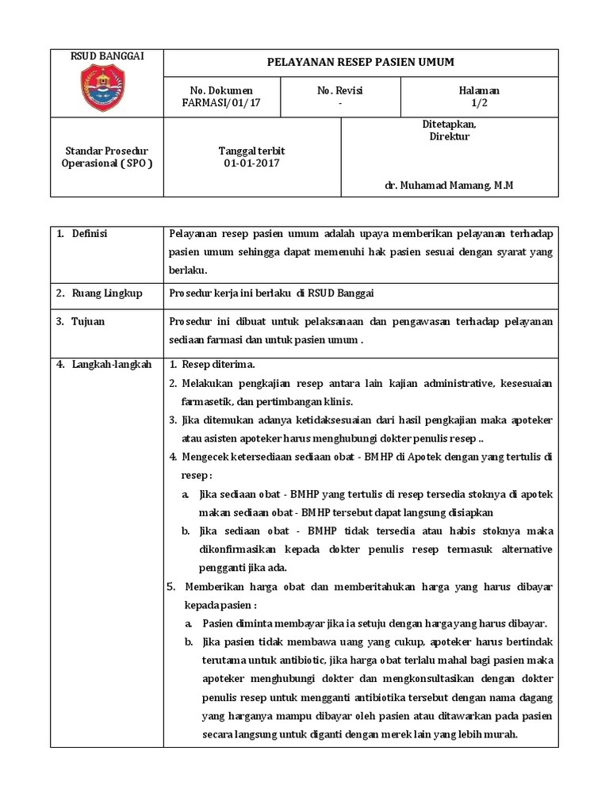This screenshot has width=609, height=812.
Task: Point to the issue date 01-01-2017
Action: click(251, 163)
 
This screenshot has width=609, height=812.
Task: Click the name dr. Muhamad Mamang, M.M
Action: click(449, 185)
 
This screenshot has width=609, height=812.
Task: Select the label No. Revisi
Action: click(340, 91)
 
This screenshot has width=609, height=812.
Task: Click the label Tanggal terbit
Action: click(251, 151)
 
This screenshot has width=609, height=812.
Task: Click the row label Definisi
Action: click(90, 233)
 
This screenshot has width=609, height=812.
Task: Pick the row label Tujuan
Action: click(88, 322)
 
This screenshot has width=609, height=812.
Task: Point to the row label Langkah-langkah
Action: click(111, 364)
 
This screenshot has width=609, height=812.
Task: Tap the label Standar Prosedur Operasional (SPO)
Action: click(106, 157)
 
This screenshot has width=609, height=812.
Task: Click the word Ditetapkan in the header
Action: click(449, 124)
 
